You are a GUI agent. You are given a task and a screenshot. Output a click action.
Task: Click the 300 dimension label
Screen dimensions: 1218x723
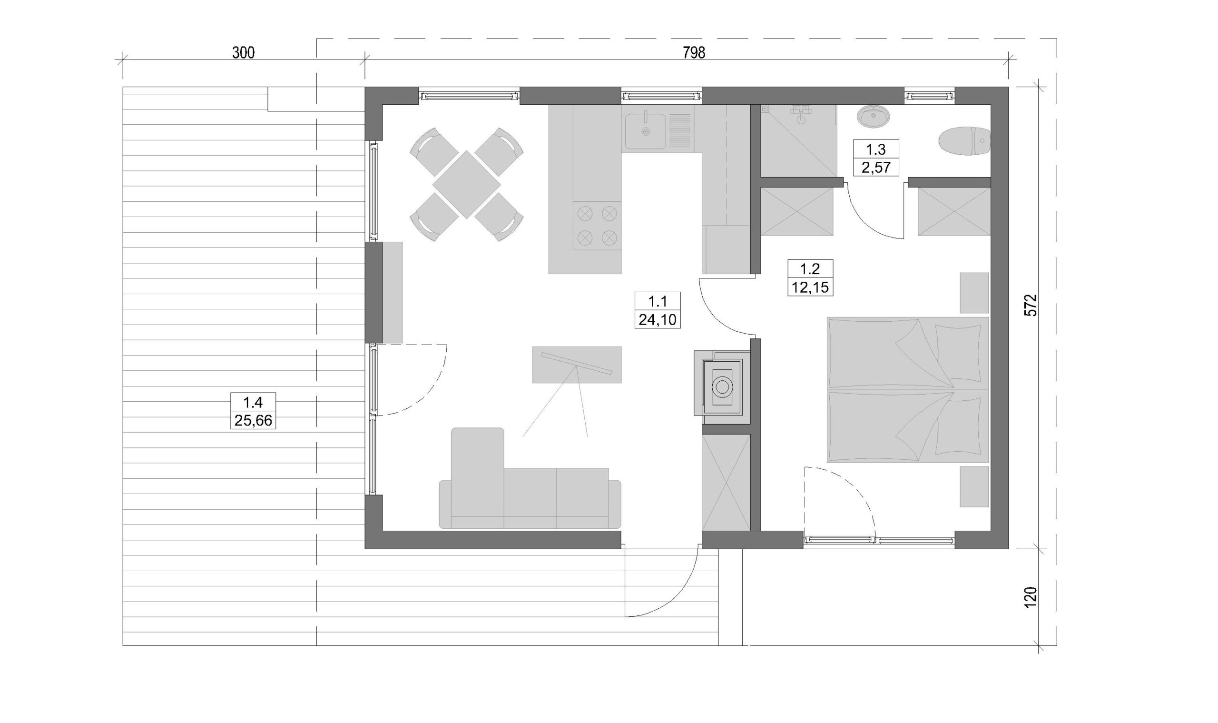tap(243, 53)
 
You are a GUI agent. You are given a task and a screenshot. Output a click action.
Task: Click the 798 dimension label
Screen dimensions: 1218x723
tap(694, 53)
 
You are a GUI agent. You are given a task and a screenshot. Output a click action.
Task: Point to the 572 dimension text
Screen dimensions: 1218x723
tap(1031, 305)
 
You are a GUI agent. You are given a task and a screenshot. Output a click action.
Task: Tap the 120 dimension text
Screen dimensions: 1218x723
tap(1031, 597)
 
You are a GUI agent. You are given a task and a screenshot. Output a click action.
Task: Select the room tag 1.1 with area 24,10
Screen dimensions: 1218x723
tap(658, 310)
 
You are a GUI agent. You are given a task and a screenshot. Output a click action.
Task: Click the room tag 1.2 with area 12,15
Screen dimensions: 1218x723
tap(810, 277)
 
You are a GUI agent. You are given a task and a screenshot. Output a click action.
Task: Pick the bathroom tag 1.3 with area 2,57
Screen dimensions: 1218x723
tap(876, 158)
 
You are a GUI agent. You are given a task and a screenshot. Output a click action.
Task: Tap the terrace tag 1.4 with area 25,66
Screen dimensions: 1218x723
tap(253, 411)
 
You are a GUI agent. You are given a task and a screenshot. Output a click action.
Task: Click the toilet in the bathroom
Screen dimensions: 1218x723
tap(964, 141)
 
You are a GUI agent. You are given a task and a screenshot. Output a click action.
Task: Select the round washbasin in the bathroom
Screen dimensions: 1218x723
tap(873, 117)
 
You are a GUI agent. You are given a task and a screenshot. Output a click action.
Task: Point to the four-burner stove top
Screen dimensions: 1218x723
tap(597, 226)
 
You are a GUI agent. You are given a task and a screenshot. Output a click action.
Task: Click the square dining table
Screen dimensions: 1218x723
tap(467, 185)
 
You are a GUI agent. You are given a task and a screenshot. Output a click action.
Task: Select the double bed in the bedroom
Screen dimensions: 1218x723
tap(908, 390)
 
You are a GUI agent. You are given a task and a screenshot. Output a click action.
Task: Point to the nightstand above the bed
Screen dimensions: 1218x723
tap(974, 293)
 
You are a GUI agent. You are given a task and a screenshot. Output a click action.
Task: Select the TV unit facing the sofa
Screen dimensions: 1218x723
tap(577, 365)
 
